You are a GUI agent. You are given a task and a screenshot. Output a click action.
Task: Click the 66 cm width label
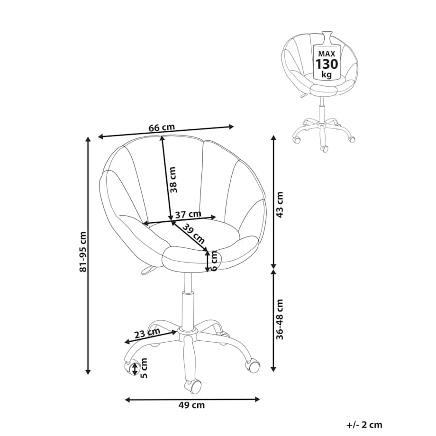pos(162,127)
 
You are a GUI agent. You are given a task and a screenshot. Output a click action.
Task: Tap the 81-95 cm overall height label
pos(83,251)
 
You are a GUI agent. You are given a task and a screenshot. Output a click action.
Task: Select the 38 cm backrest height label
pos(173,180)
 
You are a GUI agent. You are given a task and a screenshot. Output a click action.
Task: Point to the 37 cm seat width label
pos(188,214)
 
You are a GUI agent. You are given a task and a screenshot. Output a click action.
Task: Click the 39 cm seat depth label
pos(193,233)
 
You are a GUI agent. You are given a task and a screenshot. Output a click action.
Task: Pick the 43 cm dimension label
pos(280,205)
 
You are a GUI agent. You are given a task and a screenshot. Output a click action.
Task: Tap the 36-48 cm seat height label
pos(280,319)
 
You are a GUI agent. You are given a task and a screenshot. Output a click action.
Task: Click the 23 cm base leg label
pos(147,333)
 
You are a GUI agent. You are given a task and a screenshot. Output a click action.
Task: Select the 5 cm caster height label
pos(144,368)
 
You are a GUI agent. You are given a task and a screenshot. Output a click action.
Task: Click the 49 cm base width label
pos(191,405)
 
